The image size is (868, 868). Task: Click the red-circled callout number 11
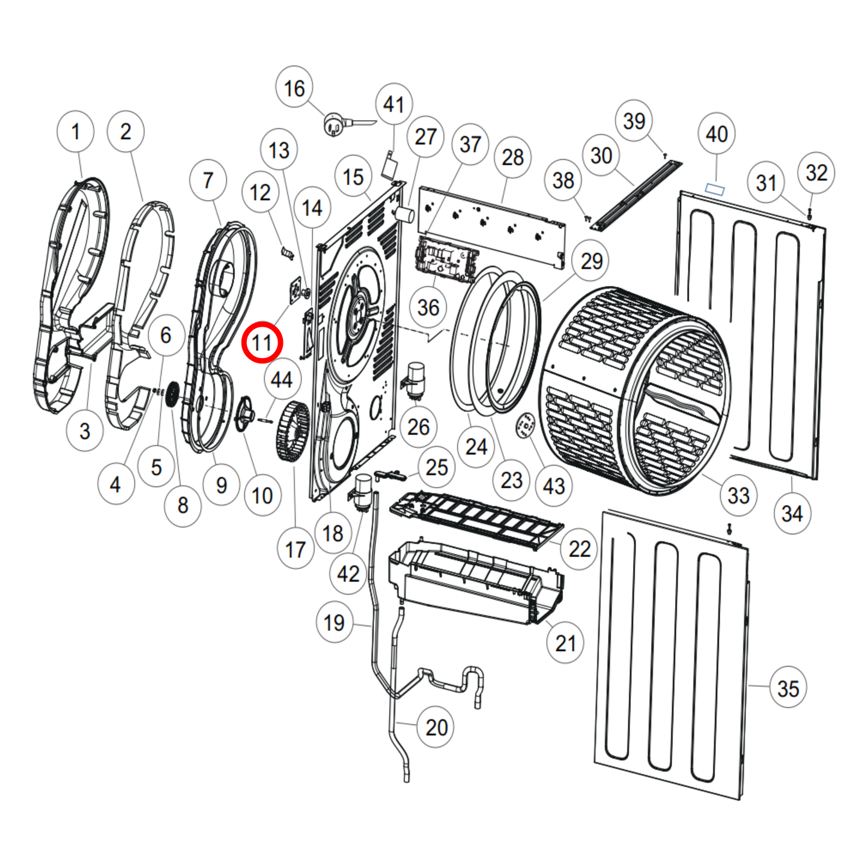262,342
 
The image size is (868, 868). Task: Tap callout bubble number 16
294,88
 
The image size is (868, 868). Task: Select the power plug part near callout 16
334,125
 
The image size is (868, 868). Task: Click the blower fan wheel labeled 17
293,431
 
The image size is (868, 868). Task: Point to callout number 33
738,496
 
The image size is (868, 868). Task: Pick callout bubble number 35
788,688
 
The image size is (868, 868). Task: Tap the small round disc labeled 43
526,426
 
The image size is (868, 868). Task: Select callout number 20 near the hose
437,727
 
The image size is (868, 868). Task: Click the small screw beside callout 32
809,213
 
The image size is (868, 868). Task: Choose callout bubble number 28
512,158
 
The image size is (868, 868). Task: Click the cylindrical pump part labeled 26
414,380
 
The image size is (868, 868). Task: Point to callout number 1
75,131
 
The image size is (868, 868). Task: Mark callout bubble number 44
281,380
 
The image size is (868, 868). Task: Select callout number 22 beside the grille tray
579,548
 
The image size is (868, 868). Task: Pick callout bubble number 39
634,121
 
